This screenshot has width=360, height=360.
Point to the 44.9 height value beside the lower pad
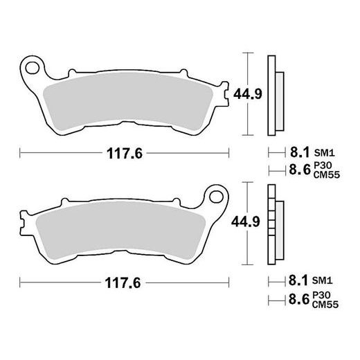coord(245,222)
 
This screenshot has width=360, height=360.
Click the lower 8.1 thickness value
coord(296,282)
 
